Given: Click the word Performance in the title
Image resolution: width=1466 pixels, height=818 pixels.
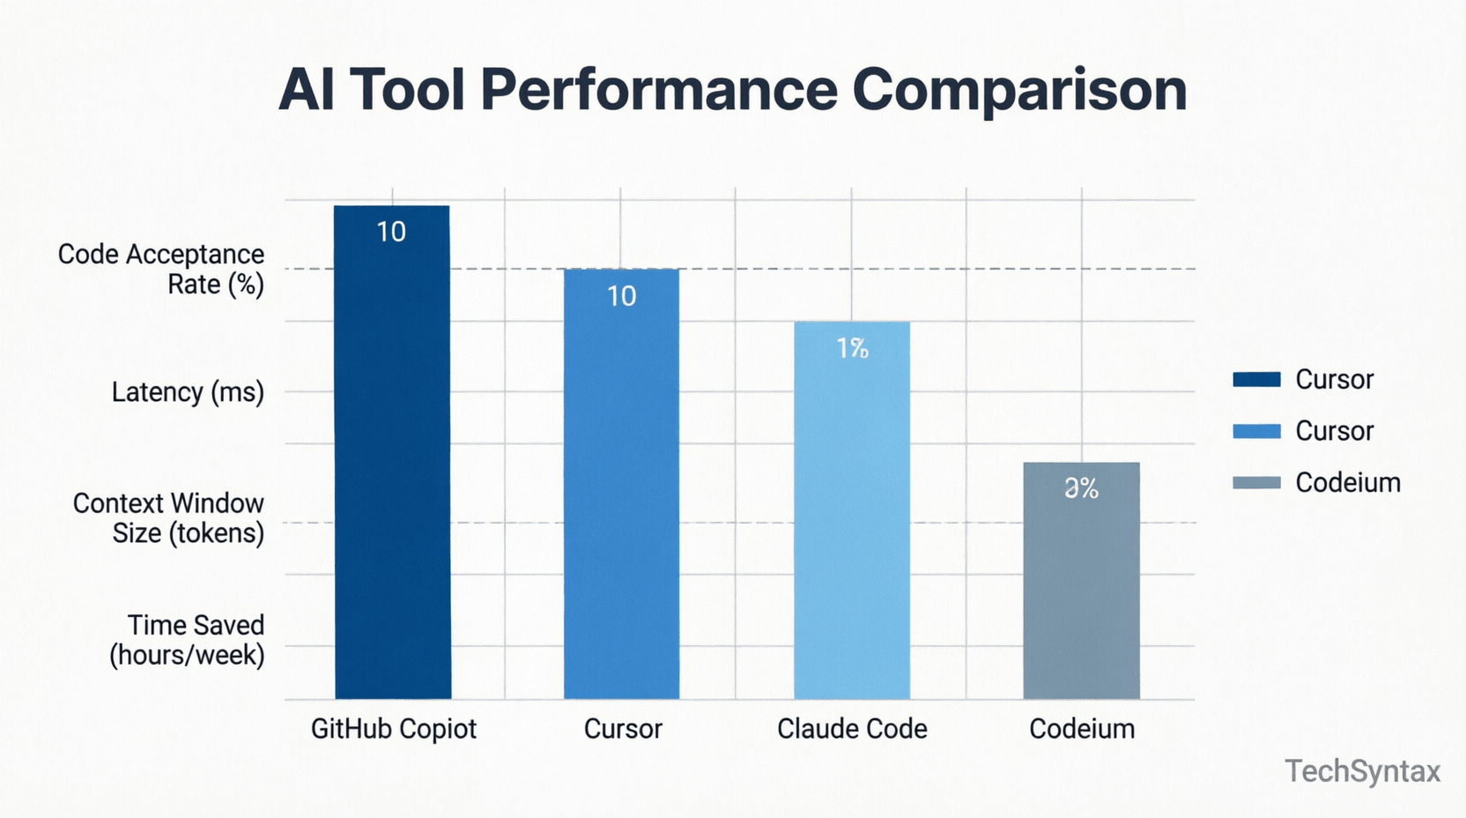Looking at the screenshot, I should coord(658,91).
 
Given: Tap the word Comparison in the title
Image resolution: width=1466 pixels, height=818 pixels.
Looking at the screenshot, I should coord(1019,91).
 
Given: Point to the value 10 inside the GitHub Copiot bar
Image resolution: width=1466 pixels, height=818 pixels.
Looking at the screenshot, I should coord(391,232).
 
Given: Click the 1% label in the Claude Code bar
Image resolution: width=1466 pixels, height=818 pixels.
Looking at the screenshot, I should coord(852,349).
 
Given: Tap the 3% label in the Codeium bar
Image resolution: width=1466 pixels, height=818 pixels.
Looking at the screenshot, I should coord(1081,488).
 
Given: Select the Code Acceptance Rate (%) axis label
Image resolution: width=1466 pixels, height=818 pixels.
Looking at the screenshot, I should coord(161,269).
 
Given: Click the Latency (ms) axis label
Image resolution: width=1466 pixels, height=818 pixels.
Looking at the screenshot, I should coord(188,391).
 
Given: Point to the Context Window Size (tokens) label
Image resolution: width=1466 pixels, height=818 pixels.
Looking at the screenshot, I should coord(168,517).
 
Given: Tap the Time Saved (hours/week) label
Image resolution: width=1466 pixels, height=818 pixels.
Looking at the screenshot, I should coord(187,639).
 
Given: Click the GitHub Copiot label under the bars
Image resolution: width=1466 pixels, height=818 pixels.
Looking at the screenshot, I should coord(393,729).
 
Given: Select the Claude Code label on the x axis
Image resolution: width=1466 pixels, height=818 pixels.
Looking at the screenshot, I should coord(852,729).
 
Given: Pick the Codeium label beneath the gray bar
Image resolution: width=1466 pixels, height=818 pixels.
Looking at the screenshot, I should coord(1082,729).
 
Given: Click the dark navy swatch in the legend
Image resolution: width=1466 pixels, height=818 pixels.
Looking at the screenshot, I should coord(1256,380).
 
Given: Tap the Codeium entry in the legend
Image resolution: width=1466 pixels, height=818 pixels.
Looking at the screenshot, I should coord(1347,483).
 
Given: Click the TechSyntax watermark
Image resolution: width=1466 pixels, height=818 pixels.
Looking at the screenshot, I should coord(1362,771).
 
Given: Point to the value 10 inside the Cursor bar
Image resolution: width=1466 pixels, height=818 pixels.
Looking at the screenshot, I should coord(621,296).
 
